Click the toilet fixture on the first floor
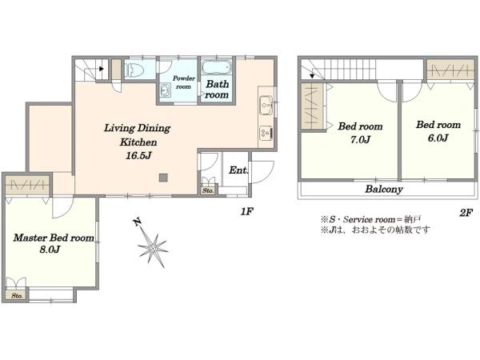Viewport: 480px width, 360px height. tap(134, 70)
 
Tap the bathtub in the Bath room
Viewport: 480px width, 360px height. tap(216, 67)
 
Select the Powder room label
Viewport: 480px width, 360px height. tap(183, 82)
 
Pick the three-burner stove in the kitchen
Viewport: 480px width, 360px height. tap(266, 133)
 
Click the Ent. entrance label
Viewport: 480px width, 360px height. tap(238, 170)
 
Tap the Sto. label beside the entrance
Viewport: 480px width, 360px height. tap(208, 190)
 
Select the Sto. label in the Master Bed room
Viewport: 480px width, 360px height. tap(17, 296)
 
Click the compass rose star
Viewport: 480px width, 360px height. tap(153, 248)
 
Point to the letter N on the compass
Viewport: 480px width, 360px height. tap(137, 222)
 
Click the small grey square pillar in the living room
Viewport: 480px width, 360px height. tap(163, 178)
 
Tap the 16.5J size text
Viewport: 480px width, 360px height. tap(138, 156)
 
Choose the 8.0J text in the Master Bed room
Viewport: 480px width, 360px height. tap(50, 250)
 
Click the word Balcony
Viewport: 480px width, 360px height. tap(383, 189)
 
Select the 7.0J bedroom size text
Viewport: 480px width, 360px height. tap(360, 139)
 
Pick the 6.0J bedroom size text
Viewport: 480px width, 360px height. tap(438, 138)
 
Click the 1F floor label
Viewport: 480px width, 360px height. tap(247, 211)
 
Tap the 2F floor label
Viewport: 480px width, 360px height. tap(466, 213)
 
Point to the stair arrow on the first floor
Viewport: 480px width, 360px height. tap(101, 69)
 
